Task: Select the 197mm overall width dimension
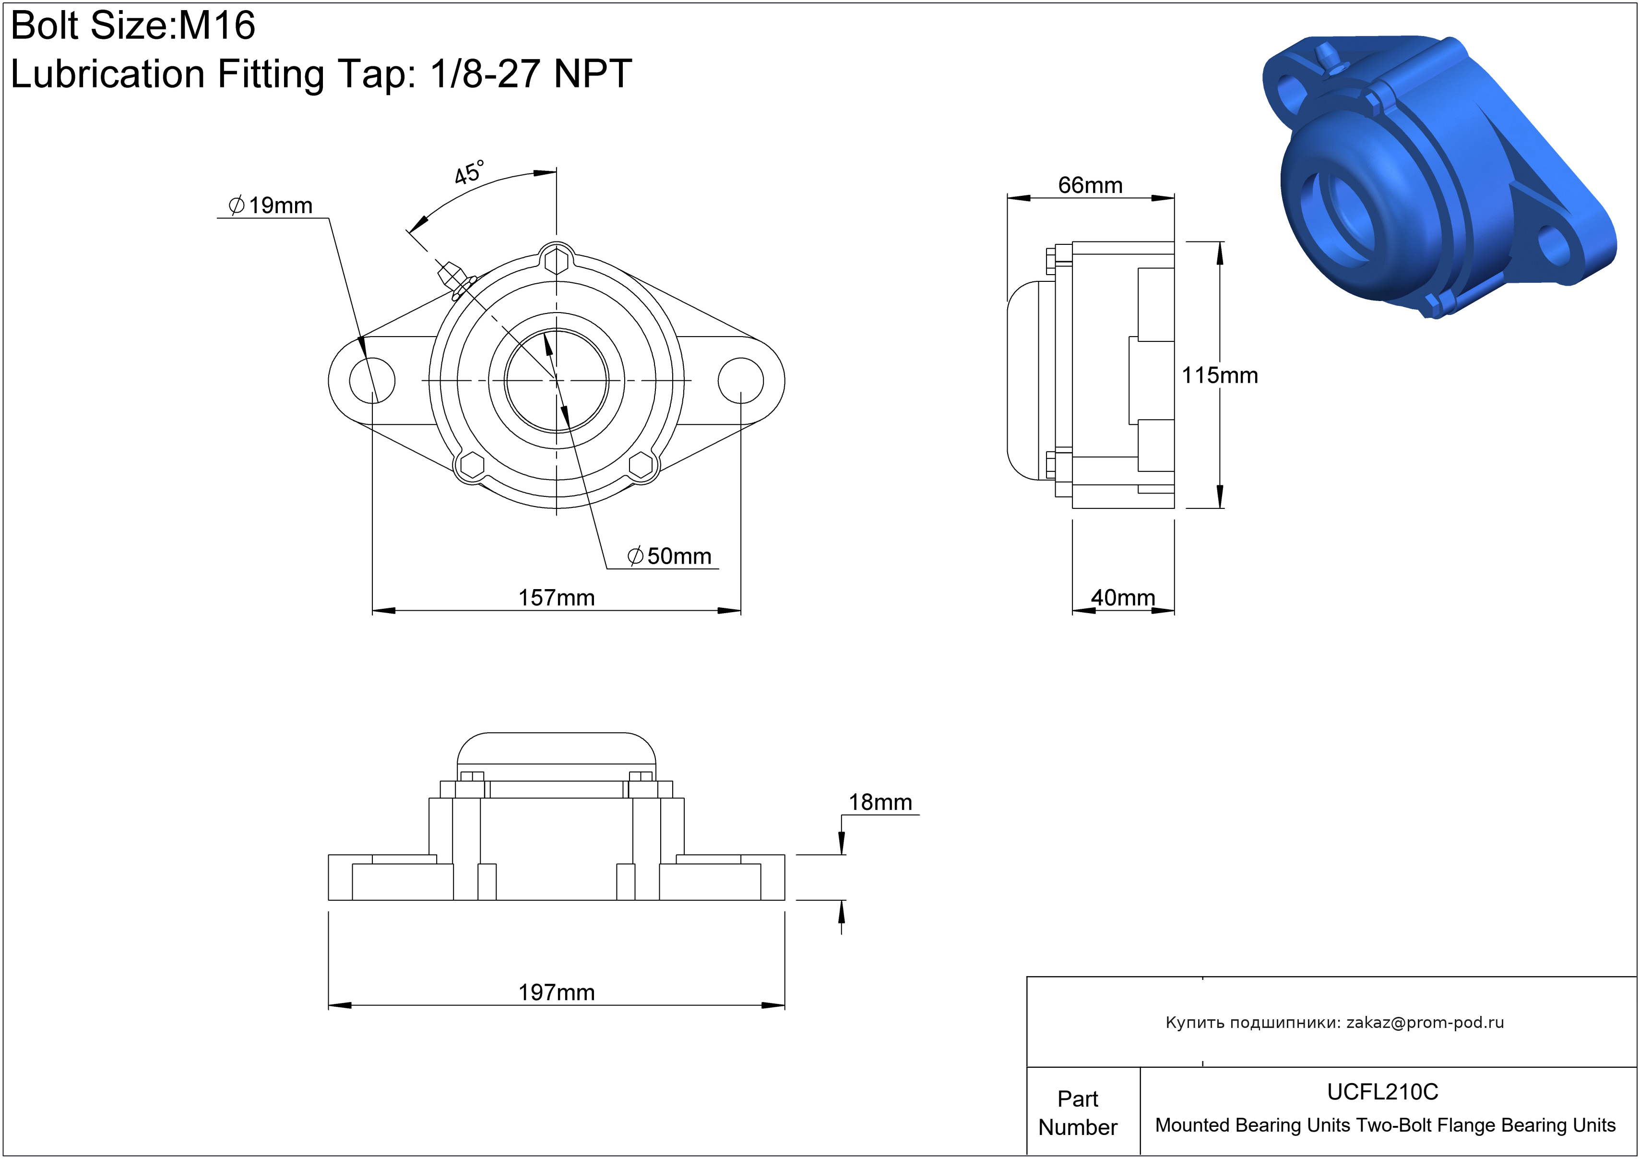click(557, 992)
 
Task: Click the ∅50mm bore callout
click(669, 556)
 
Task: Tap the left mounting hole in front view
click(372, 380)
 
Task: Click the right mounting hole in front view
click(741, 380)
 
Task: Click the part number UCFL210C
click(1383, 1092)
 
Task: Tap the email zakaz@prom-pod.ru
click(1425, 1023)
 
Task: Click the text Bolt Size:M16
click(133, 26)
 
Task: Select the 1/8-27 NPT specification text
click(531, 73)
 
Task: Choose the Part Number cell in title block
click(1077, 1112)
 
